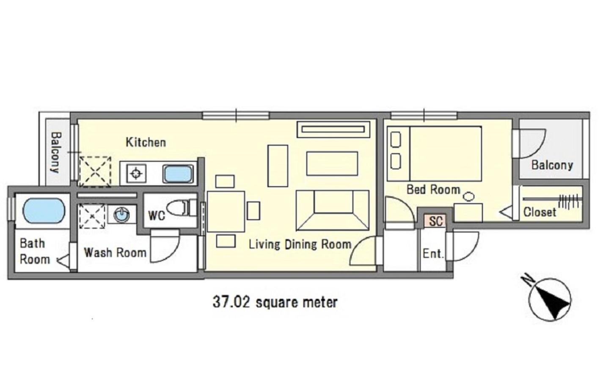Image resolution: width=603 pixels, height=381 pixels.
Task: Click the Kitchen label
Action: [x=146, y=142]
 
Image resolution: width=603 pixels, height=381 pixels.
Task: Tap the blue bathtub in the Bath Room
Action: [x=44, y=211]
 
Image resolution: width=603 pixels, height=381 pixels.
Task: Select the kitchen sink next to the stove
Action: [x=178, y=174]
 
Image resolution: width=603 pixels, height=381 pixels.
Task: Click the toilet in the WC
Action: [x=182, y=208]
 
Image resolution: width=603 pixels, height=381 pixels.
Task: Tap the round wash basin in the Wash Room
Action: [x=121, y=215]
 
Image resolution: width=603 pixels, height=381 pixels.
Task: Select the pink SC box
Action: [x=435, y=221]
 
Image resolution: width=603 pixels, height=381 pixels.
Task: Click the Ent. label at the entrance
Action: [x=433, y=254]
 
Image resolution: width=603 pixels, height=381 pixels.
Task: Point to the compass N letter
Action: [x=528, y=280]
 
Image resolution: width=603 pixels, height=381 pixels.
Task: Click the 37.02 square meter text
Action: [x=275, y=302]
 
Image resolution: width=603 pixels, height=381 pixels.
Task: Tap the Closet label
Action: [x=540, y=212]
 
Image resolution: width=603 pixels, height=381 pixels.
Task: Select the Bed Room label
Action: [x=433, y=190]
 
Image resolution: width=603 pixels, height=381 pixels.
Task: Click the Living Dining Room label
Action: [x=300, y=244]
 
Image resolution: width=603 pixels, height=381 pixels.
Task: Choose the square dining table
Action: [x=226, y=212]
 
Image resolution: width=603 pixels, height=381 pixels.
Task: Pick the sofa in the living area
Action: [x=333, y=210]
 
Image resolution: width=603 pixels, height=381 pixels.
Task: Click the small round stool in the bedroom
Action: [x=469, y=196]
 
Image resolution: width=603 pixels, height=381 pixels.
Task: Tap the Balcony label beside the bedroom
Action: [x=552, y=165]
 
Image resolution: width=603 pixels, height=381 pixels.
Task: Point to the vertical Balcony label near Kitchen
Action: [x=56, y=152]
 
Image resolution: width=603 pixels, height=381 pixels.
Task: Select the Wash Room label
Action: [x=115, y=253]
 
